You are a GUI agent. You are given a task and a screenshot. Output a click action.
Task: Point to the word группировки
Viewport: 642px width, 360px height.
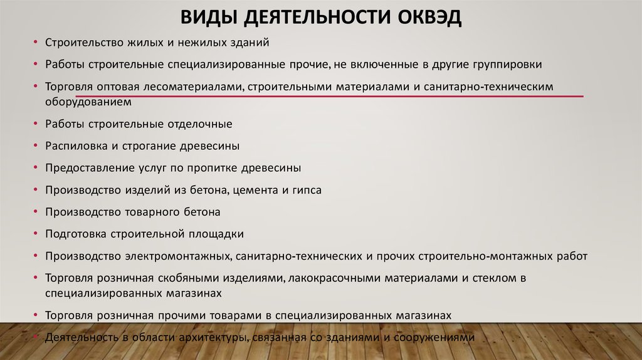[507, 65]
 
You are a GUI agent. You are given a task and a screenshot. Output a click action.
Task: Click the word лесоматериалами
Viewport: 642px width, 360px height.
[192, 87]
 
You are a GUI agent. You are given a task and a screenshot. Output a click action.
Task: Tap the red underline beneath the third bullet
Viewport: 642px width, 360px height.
[330, 96]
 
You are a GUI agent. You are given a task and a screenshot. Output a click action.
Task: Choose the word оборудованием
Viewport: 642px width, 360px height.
[88, 102]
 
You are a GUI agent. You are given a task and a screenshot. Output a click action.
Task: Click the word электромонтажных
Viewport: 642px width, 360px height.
[178, 257]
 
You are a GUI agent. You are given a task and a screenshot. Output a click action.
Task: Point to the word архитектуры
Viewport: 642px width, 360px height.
[214, 337]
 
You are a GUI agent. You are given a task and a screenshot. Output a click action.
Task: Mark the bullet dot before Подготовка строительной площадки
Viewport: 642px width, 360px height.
[36, 234]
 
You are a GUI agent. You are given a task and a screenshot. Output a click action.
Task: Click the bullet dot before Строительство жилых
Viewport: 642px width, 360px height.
[36, 42]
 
